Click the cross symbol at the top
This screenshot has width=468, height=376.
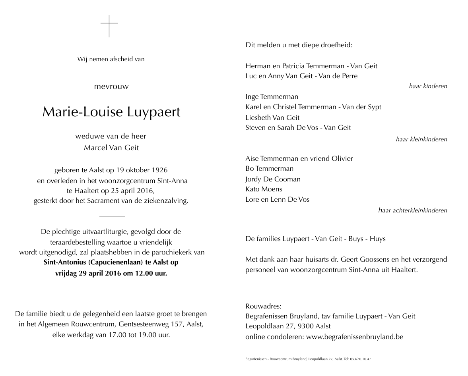(109, 26)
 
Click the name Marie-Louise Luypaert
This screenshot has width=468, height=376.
(111, 112)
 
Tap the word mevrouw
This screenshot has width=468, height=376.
(111, 86)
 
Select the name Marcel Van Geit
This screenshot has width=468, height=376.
(111, 148)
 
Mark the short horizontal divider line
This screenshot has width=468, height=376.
(112, 216)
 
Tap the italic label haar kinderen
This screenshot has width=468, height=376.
(428, 86)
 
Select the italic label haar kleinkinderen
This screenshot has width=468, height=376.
(421, 139)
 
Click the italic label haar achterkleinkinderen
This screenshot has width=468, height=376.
(413, 210)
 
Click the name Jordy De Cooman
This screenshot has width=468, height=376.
(273, 179)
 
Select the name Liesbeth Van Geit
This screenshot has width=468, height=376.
(273, 118)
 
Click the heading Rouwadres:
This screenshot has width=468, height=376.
(264, 306)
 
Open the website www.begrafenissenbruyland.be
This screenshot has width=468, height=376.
(355, 337)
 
